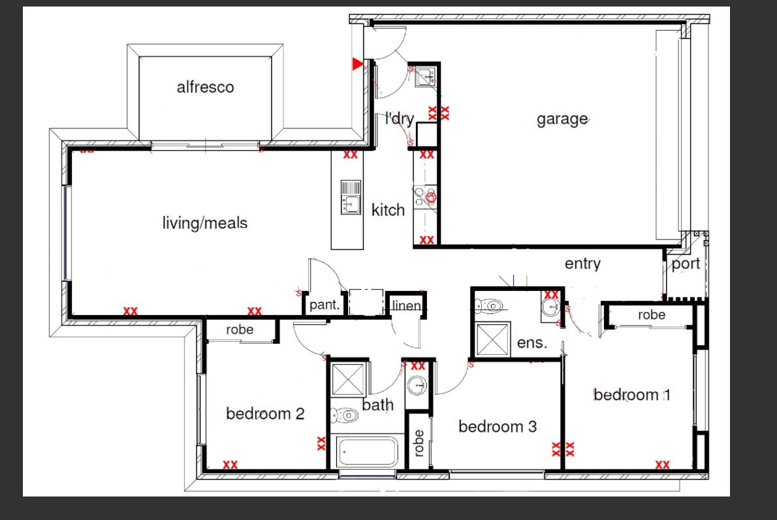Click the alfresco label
(205, 87)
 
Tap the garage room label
(562, 119)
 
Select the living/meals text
(205, 223)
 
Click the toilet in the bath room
(343, 414)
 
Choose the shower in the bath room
(347, 379)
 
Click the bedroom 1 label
(631, 395)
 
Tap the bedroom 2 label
(265, 414)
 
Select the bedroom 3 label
(498, 427)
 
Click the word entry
(582, 264)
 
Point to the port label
(686, 264)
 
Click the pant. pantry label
(324, 305)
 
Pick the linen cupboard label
(407, 305)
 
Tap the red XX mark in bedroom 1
(662, 465)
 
